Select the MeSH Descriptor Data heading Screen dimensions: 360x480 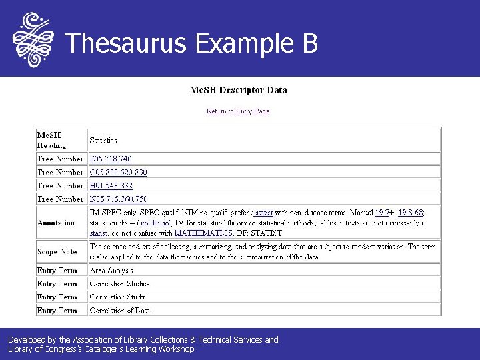238,90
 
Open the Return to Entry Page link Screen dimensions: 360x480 238,111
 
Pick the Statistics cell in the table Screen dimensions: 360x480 103,141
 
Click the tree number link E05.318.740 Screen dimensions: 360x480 111,159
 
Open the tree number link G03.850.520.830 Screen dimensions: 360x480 119,172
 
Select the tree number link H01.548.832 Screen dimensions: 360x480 111,185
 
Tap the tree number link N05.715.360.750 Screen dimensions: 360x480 119,199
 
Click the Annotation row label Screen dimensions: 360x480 56,223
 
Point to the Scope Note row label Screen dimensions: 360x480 57,251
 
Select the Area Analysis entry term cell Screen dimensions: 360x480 111,270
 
